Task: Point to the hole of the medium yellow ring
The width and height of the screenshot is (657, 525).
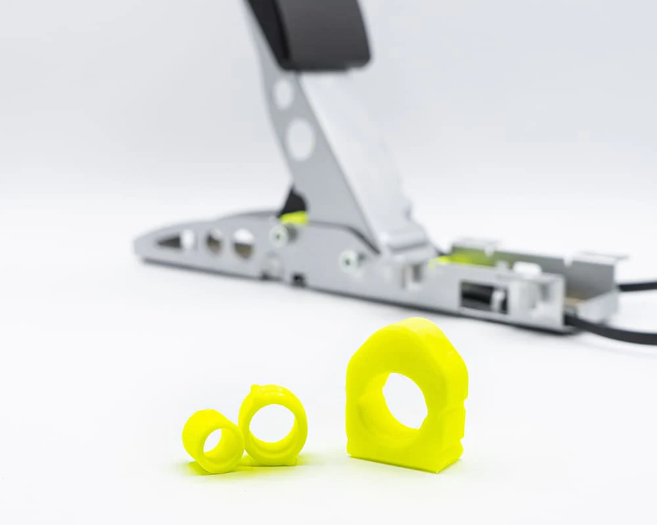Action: tap(272, 423)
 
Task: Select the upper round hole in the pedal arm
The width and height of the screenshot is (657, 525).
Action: tap(283, 94)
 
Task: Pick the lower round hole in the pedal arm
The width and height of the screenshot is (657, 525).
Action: tap(300, 139)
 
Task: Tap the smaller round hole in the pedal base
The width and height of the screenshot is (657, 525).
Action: tap(214, 242)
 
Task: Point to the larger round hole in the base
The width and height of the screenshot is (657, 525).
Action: tap(243, 243)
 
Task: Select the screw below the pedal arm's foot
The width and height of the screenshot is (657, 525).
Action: tap(349, 261)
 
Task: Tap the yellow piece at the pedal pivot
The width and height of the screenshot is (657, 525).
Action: tap(294, 217)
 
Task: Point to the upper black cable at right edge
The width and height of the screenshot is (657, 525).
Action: tap(637, 286)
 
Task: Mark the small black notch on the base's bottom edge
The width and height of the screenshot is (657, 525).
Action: tap(298, 280)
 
